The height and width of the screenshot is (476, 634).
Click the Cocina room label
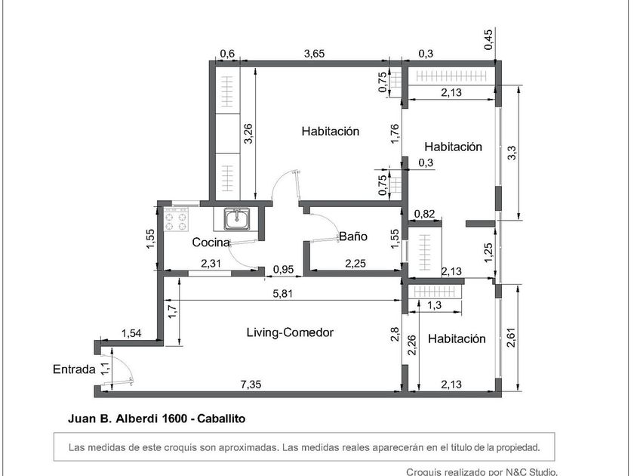coord(211,243)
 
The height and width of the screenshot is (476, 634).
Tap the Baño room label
coord(353,236)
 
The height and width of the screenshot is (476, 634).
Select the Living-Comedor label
coord(290,332)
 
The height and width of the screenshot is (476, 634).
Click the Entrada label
coord(74,369)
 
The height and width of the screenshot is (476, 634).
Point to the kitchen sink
coord(238,219)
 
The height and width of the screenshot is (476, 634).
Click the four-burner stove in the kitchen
coord(177,219)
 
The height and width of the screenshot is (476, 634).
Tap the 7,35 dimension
coord(251,384)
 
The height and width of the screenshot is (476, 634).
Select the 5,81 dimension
coord(283,293)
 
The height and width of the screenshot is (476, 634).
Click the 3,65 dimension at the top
coord(314,53)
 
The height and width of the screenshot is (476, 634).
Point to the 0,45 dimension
coord(488,39)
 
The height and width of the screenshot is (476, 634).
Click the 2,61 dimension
coord(511,337)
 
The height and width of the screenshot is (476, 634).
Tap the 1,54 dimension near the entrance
coord(131,333)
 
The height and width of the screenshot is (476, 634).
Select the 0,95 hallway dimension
coord(283,269)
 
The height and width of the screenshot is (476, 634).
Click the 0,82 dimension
coord(424,214)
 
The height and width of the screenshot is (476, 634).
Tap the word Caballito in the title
coord(221,419)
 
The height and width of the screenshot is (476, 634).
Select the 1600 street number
coord(174,419)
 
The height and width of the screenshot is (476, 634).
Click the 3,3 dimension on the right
coord(512,153)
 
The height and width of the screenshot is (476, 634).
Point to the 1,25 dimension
coord(488,252)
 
